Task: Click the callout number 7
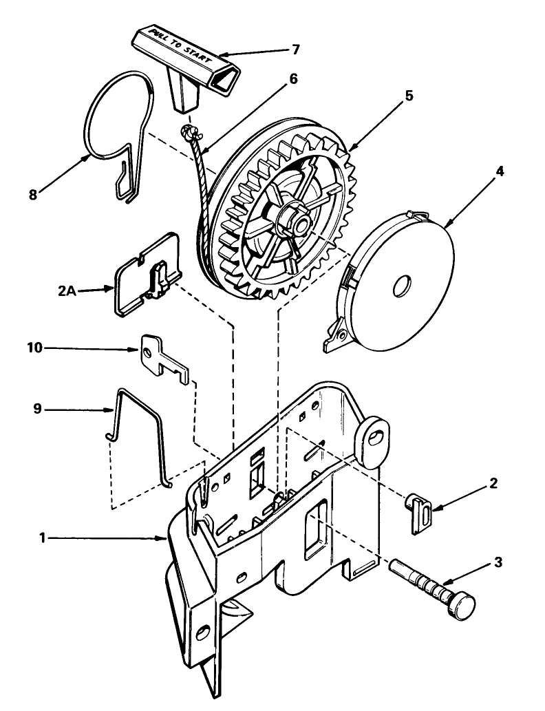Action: (x=296, y=50)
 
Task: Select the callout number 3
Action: (x=498, y=562)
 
